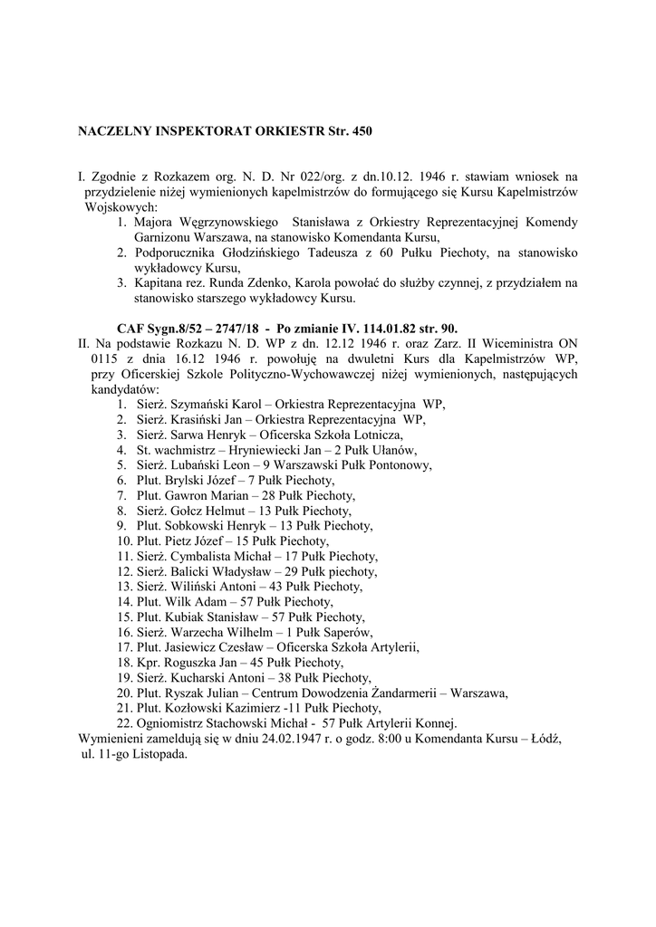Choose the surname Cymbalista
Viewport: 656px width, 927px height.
pyautogui.click(x=209, y=555)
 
